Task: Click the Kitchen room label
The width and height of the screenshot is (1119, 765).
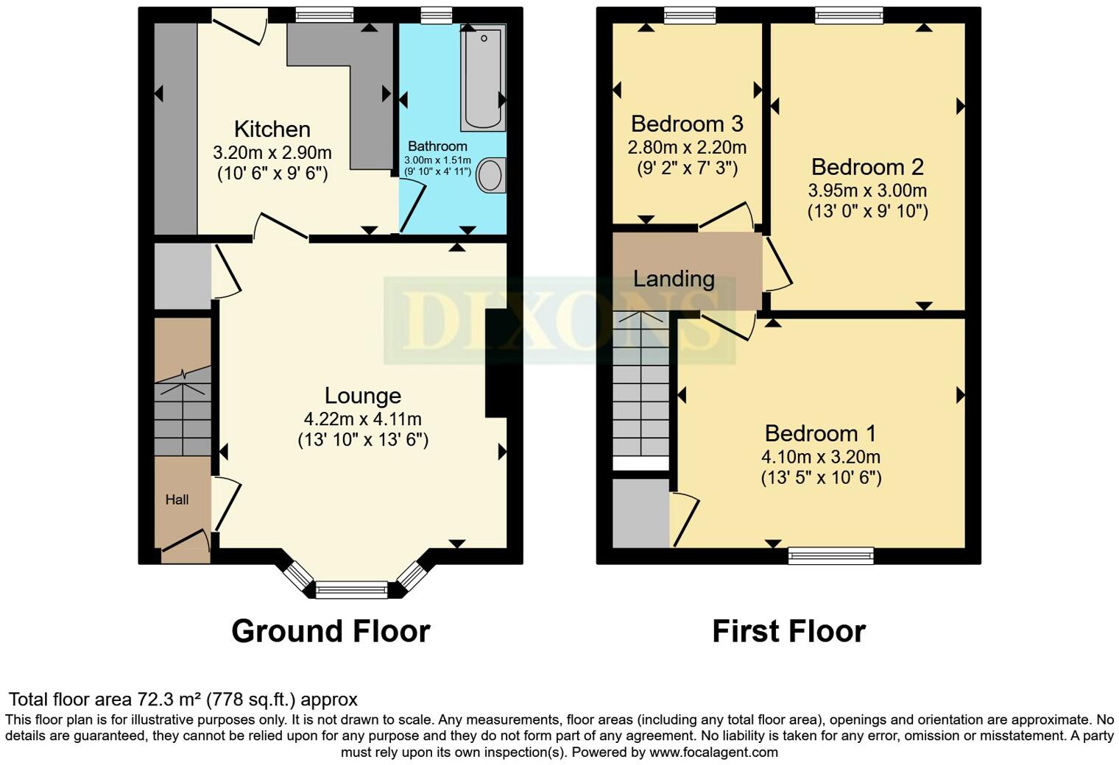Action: coord(272,129)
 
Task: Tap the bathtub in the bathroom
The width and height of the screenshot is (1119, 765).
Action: coord(483,77)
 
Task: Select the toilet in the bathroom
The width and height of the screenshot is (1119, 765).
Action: coord(491,175)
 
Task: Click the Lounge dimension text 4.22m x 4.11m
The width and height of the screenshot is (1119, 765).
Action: coord(362,419)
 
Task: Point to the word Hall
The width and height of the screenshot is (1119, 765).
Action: coord(177,500)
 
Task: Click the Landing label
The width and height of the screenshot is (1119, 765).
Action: coord(674,279)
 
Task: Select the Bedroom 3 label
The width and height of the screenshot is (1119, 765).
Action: coord(686,124)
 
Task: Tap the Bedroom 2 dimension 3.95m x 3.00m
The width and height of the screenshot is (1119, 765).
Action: coord(867,191)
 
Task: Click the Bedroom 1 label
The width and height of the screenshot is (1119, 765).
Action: coord(820,433)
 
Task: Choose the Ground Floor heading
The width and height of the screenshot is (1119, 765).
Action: coord(331,632)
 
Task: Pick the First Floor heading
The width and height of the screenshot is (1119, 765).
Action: coord(788,632)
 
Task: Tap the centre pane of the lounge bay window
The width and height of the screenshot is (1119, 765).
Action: coord(351,589)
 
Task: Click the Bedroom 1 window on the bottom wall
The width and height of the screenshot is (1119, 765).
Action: coord(830,555)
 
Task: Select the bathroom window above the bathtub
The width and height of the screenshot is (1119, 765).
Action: coord(437,15)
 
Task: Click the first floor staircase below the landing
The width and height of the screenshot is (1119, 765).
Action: coord(640,386)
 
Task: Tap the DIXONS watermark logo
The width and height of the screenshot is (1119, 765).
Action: coord(559,321)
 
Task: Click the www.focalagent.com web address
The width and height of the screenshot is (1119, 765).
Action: coord(713,752)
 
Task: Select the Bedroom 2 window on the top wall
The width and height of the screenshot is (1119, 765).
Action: coord(849,15)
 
